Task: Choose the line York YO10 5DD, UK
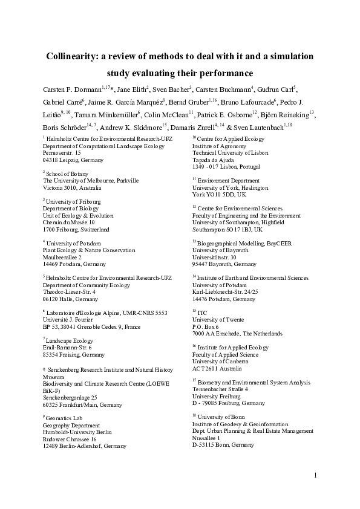[219, 194]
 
